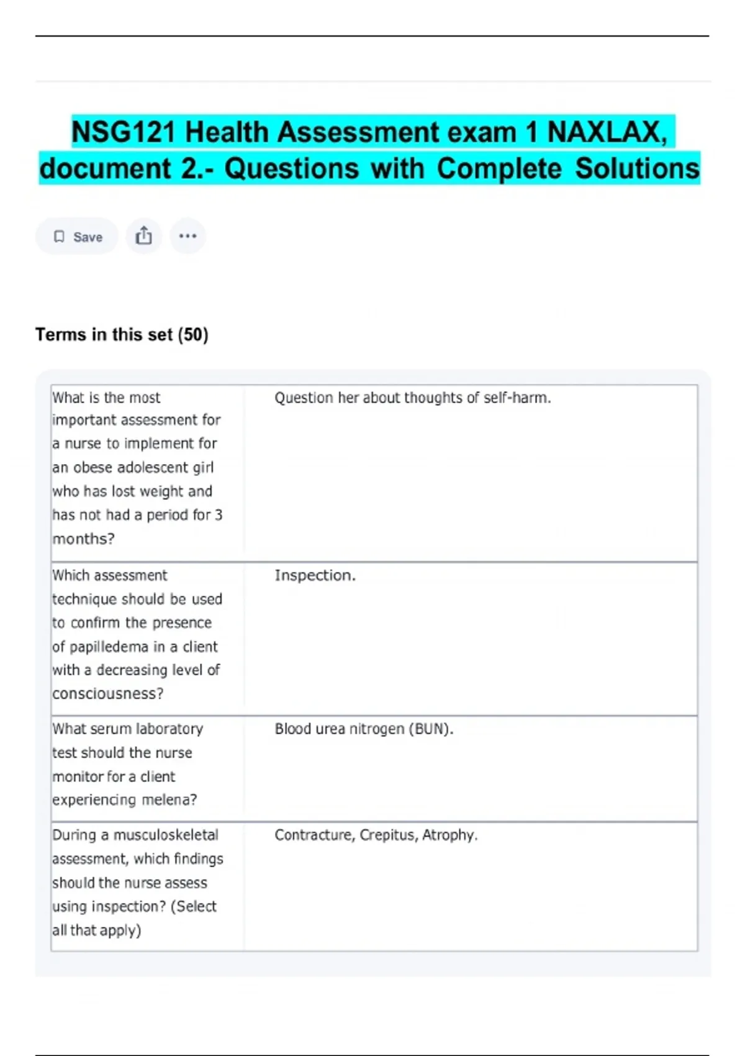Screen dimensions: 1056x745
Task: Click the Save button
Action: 77,237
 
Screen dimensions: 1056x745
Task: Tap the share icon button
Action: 143,236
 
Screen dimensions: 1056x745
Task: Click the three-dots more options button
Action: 187,236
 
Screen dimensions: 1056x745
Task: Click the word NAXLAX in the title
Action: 607,132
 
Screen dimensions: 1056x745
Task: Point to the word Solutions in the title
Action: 637,169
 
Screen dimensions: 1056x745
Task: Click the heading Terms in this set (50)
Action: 122,335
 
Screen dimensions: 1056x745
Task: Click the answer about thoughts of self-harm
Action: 412,398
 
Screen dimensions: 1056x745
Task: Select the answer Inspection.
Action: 315,575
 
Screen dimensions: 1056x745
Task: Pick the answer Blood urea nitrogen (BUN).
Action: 364,729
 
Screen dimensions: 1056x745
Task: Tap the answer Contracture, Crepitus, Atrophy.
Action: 376,835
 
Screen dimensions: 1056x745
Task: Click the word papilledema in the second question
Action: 109,647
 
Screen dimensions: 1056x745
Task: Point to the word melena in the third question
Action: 166,800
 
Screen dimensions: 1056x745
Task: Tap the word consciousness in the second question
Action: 107,694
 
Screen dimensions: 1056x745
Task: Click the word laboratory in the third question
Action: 169,729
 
